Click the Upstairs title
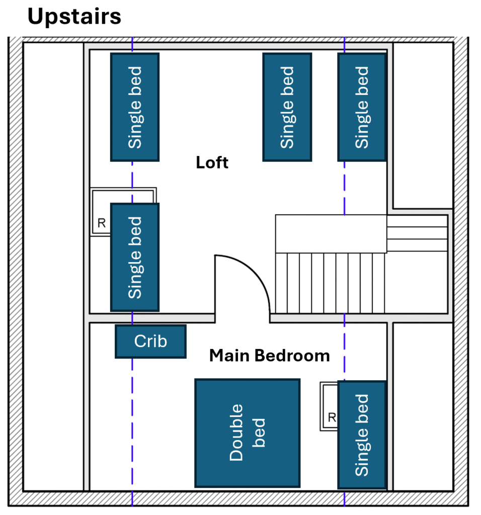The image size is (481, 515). (x=74, y=17)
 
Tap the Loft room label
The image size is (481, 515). (x=212, y=163)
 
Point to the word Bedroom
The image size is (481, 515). (x=290, y=356)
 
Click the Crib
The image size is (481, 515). (x=150, y=341)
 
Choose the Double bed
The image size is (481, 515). (x=247, y=433)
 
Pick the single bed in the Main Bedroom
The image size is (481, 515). (x=362, y=435)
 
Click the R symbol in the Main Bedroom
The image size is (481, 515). (x=332, y=417)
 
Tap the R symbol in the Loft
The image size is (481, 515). (x=102, y=223)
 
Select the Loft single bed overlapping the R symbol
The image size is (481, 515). (x=135, y=257)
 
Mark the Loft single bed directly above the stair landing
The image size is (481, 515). (x=362, y=107)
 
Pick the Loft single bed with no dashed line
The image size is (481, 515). (x=287, y=107)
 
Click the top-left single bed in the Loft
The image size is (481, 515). (x=135, y=107)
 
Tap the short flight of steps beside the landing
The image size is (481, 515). (x=417, y=233)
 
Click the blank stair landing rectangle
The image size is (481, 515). (x=331, y=233)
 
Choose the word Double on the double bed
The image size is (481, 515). (x=236, y=433)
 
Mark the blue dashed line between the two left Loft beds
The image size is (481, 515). (x=132, y=182)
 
